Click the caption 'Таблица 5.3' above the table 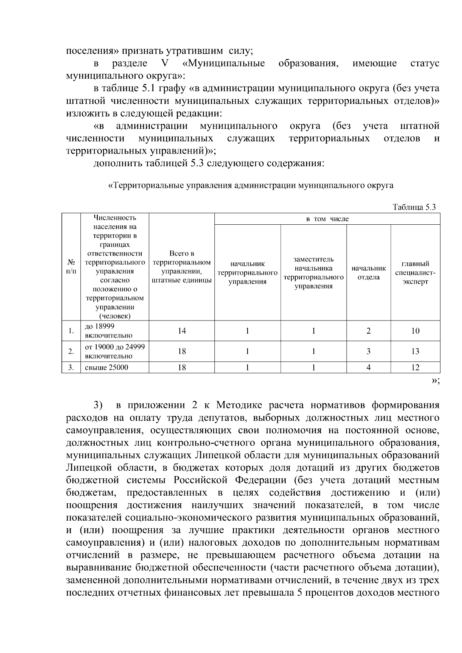[x=414, y=207]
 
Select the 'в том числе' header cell [x=327, y=219]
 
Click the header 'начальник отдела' [x=368, y=272]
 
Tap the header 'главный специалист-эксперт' [x=415, y=272]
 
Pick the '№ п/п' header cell [x=71, y=266]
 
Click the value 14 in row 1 [x=182, y=331]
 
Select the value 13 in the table [x=415, y=351]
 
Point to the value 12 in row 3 [x=415, y=367]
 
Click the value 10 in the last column [x=415, y=331]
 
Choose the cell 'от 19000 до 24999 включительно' [x=114, y=351]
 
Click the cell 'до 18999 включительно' [x=108, y=331]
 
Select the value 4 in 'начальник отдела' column [x=368, y=367]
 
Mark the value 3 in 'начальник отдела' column [x=368, y=351]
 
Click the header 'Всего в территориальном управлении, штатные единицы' [x=182, y=267]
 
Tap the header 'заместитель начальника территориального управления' [x=313, y=272]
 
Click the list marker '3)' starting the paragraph [x=98, y=406]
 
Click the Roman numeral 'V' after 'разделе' [x=162, y=63]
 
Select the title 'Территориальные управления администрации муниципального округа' [x=251, y=185]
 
